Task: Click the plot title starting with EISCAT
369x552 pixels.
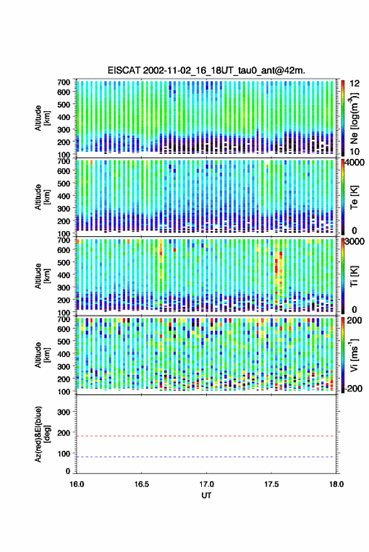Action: pos(206,70)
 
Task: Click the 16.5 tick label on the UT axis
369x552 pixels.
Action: pos(141,484)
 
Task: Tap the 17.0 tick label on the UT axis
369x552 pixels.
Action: pos(206,484)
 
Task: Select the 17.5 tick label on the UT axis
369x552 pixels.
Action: pos(271,484)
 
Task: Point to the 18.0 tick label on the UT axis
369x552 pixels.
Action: pos(336,484)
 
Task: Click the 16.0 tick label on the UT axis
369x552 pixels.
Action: pos(77,484)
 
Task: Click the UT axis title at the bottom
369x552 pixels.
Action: pos(206,495)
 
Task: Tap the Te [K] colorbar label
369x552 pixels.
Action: pos(354,197)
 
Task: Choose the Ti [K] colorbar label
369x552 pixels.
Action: pos(354,276)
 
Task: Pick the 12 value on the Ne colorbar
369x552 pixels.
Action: pos(355,84)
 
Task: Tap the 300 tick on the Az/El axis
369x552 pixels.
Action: pos(63,412)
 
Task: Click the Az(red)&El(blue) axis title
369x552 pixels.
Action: pos(41,434)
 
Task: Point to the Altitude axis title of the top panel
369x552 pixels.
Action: pos(41,118)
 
